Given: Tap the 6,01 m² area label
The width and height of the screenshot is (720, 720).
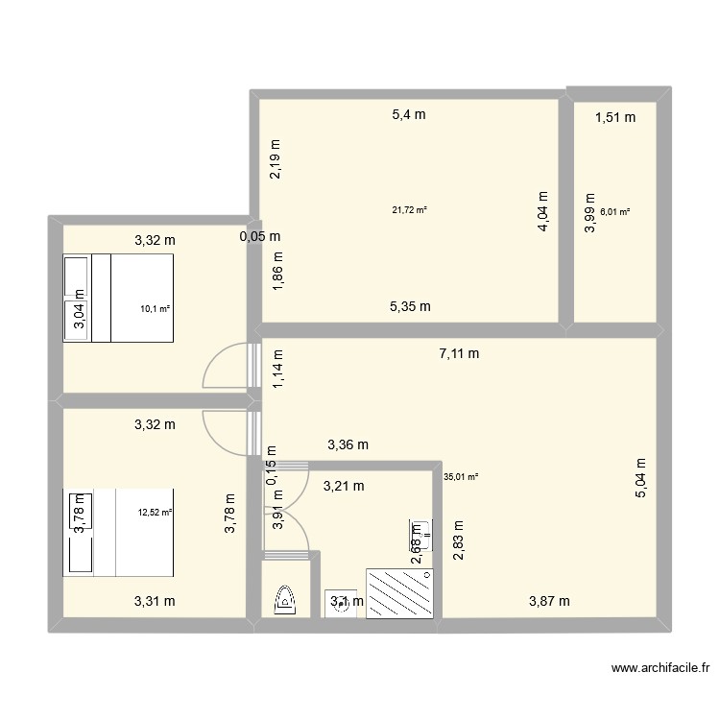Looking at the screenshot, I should point(614,211).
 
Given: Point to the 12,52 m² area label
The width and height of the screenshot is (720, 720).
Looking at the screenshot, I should point(155,513).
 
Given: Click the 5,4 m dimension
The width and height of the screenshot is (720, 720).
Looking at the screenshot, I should point(408,115).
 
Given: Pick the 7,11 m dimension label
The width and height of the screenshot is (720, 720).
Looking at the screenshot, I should point(459,353).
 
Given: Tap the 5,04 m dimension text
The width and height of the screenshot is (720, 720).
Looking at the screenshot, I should point(640,476).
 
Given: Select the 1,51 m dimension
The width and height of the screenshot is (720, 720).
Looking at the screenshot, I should point(615,118).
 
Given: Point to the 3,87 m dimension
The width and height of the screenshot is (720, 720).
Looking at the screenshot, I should point(550,601).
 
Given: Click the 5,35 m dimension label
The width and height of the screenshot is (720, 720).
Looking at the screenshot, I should point(410,307).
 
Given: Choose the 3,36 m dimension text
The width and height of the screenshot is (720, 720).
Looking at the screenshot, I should point(348,444).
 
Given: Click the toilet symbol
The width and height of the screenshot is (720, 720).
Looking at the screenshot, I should point(285,599).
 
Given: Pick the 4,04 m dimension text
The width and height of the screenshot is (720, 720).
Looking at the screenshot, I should point(542,210).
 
